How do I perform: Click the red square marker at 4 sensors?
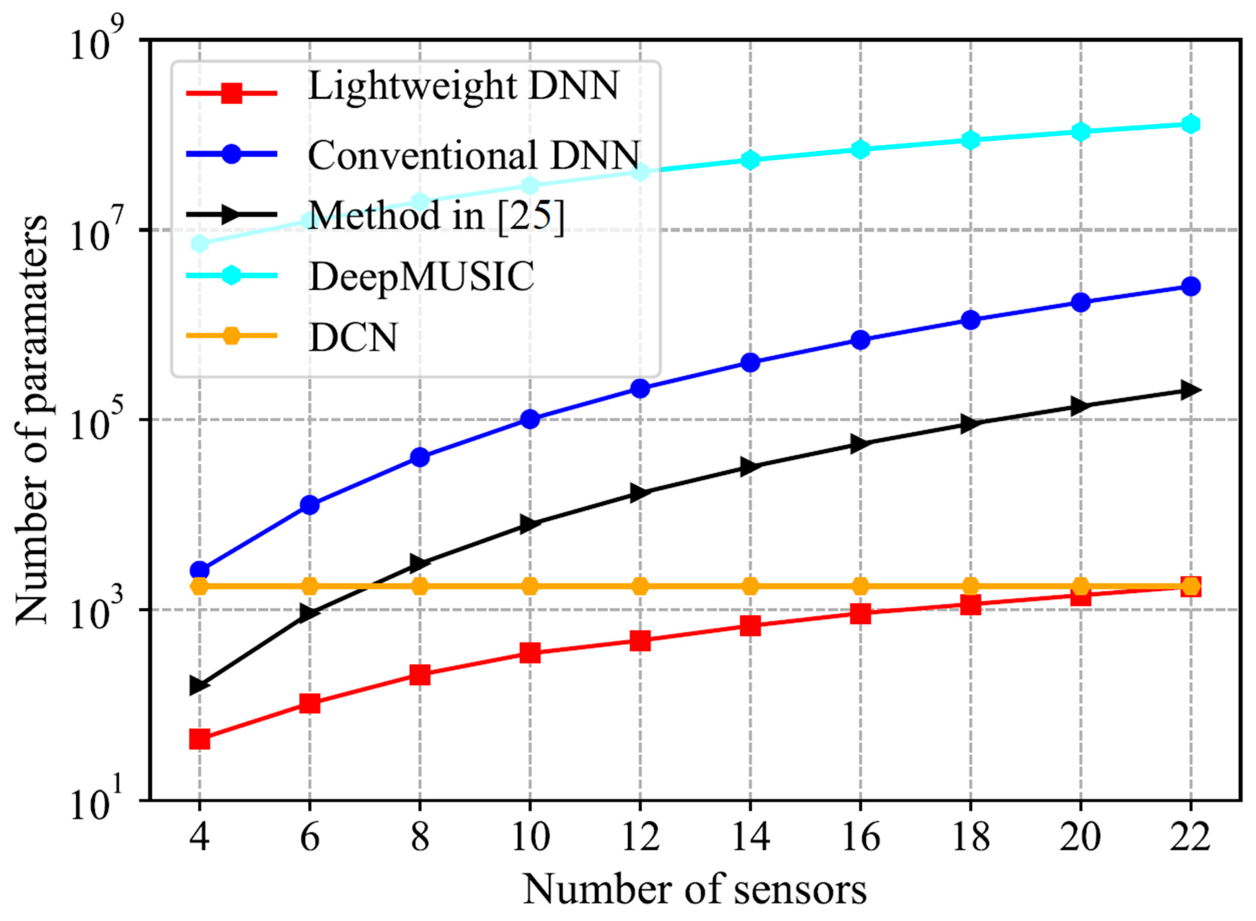200,740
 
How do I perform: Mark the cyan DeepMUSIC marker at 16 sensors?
860,149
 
